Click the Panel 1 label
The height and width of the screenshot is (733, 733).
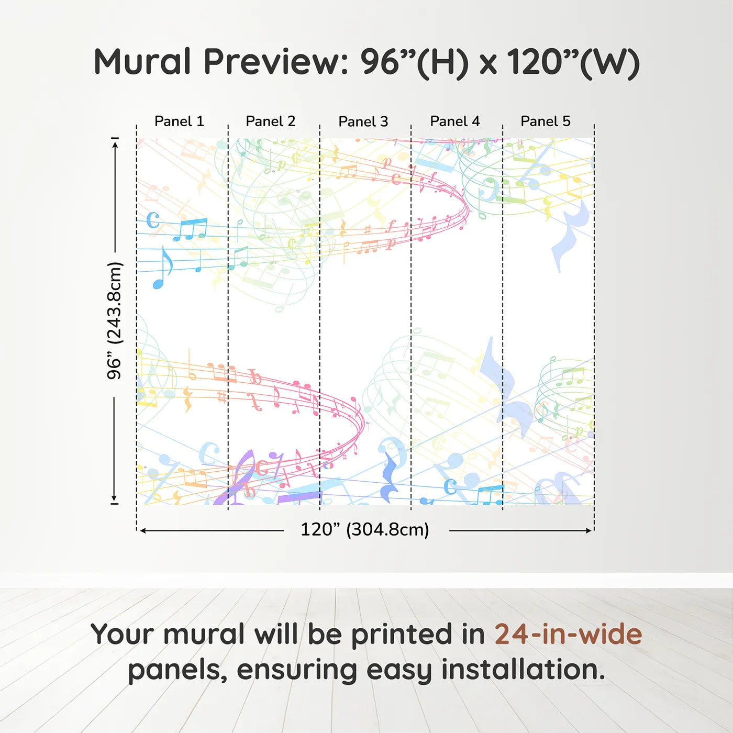click(x=179, y=121)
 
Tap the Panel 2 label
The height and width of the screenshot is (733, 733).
click(x=271, y=121)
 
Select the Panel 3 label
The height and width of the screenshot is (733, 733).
click(x=363, y=121)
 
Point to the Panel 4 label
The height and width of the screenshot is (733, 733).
click(x=455, y=121)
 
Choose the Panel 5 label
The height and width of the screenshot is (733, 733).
click(x=546, y=121)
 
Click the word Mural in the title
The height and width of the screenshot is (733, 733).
click(x=142, y=62)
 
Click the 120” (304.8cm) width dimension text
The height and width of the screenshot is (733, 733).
click(x=365, y=529)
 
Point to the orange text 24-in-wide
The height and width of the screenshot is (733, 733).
click(x=568, y=635)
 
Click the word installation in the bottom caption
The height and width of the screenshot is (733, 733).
click(x=523, y=669)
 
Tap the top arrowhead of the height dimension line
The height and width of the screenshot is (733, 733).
click(x=115, y=144)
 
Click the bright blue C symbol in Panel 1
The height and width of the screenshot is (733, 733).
click(x=153, y=220)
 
